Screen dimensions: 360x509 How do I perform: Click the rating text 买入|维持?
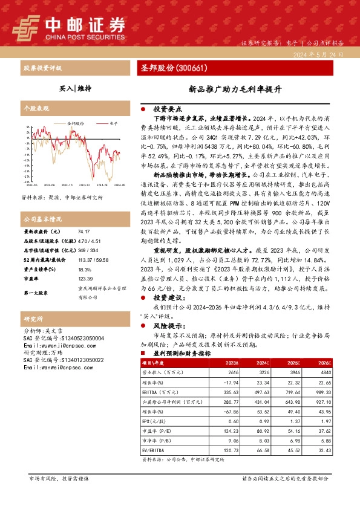76,88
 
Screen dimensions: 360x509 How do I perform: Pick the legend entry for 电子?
111,122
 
